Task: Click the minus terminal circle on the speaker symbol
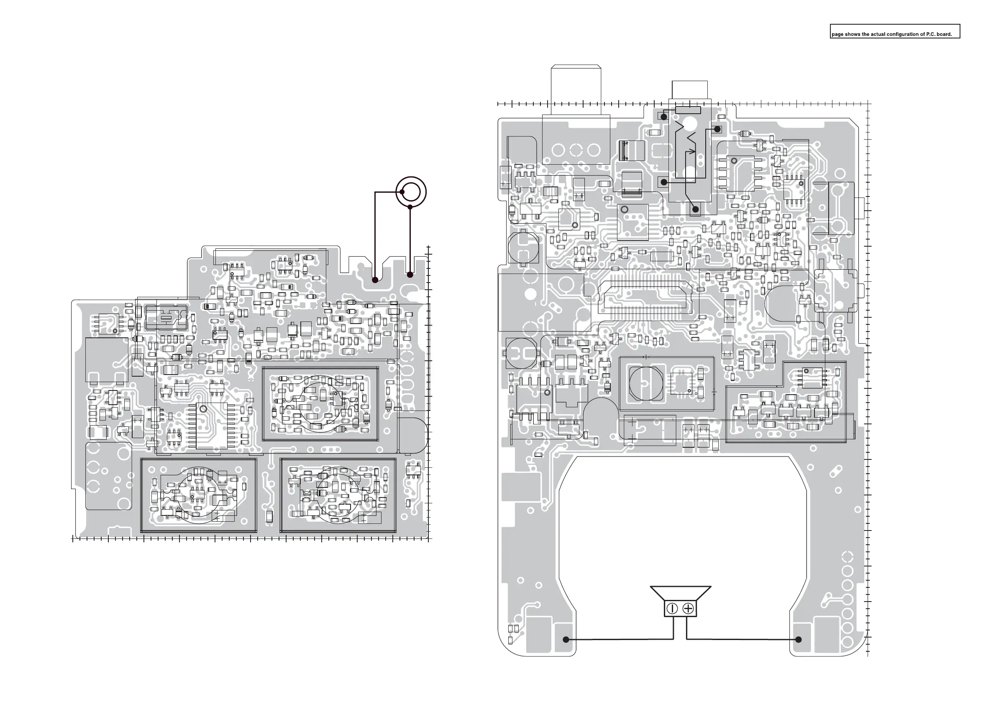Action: pyautogui.click(x=672, y=609)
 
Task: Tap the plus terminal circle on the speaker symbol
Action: pyautogui.click(x=689, y=609)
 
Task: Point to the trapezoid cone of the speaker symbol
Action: pyautogui.click(x=680, y=593)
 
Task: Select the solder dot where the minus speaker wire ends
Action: pyautogui.click(x=566, y=639)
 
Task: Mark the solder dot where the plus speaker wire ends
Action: pyautogui.click(x=798, y=639)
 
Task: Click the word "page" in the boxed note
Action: pyautogui.click(x=837, y=34)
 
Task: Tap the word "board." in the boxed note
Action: pyautogui.click(x=945, y=34)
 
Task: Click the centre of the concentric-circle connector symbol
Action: pyautogui.click(x=411, y=191)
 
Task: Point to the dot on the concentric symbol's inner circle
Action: pyautogui.click(x=402, y=191)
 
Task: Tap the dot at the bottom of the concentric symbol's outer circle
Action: pyautogui.click(x=410, y=207)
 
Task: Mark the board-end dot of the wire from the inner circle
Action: pyautogui.click(x=375, y=280)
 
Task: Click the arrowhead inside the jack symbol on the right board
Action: pyautogui.click(x=693, y=152)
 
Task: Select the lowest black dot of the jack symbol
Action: pyautogui.click(x=696, y=209)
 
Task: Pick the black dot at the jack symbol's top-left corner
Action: pyautogui.click(x=664, y=117)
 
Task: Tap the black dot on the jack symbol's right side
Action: pyautogui.click(x=717, y=129)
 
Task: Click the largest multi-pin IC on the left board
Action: pyautogui.click(x=211, y=426)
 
